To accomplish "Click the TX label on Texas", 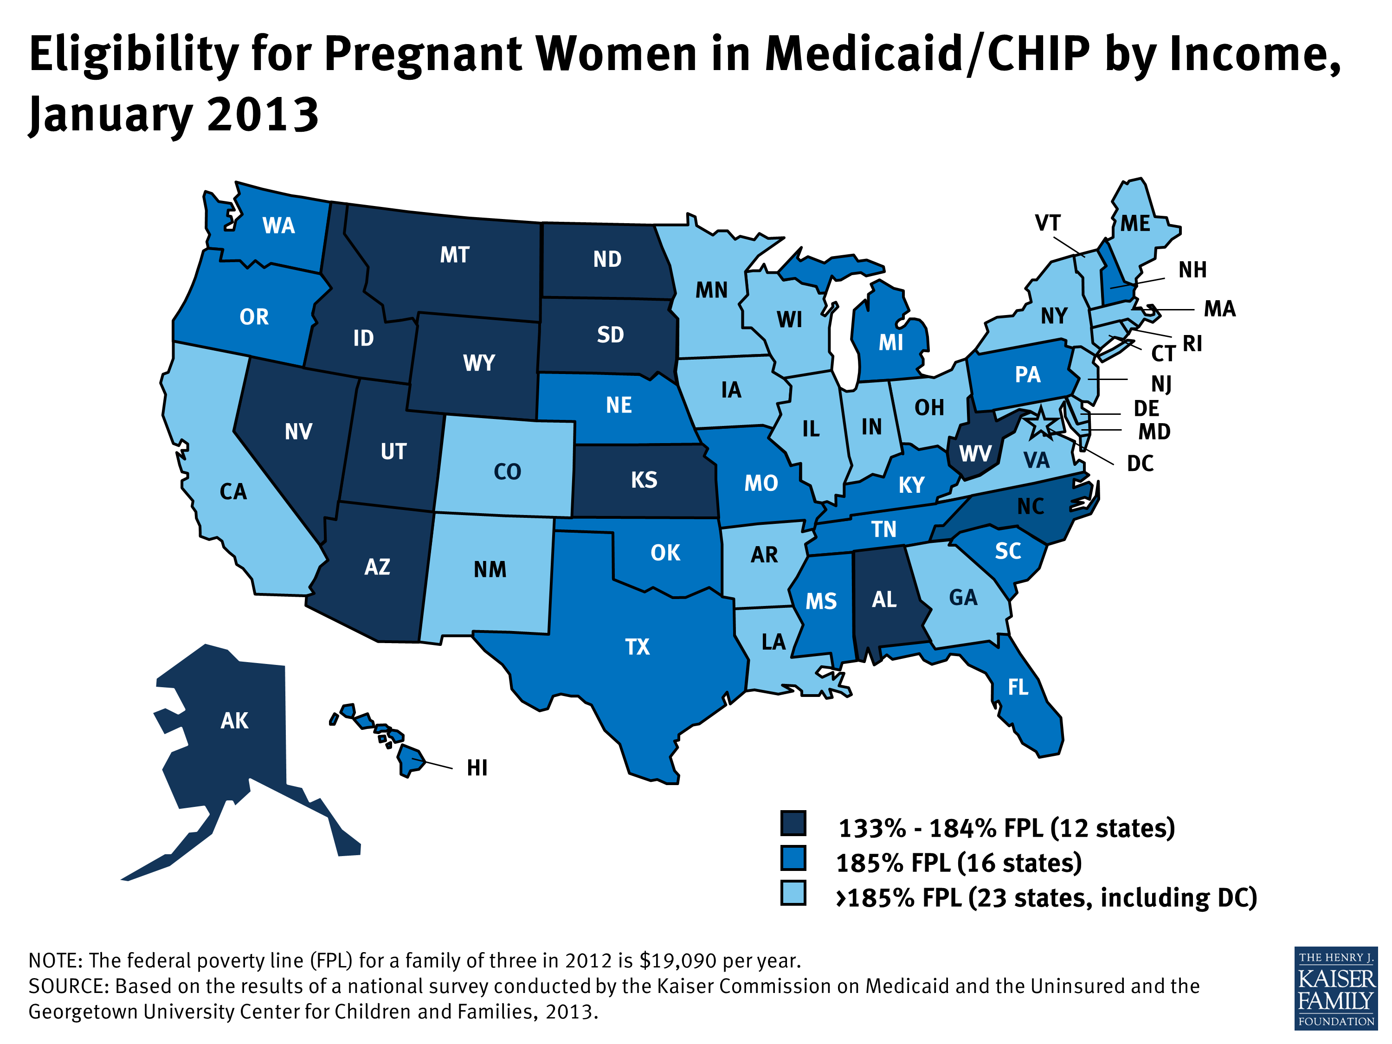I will [637, 647].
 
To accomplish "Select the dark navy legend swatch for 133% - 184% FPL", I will [793, 823].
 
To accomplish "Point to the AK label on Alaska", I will [234, 721].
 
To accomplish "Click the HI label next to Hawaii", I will [477, 768].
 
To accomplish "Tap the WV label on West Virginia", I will [975, 454].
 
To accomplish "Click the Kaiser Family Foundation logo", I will [1335, 988].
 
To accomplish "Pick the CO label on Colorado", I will [507, 472].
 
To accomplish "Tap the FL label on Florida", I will [1018, 687].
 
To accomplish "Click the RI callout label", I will [1192, 344].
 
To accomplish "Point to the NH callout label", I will [1192, 270].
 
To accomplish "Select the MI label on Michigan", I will [890, 343].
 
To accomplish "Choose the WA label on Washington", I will [278, 226].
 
